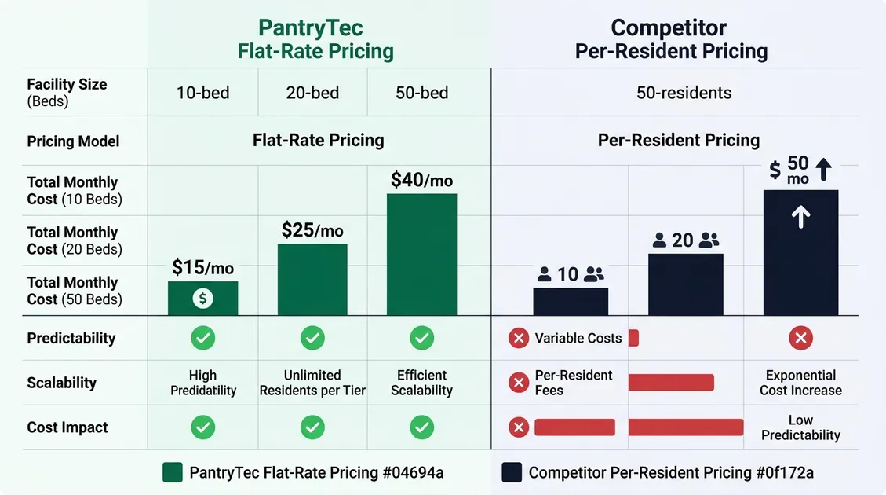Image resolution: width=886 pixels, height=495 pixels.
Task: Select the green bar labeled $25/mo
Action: tap(312, 279)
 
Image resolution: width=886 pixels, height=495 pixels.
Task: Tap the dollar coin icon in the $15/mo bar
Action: tap(202, 299)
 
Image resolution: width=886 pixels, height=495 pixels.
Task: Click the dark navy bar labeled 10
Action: tap(571, 301)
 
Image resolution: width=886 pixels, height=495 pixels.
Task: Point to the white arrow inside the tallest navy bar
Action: tap(800, 218)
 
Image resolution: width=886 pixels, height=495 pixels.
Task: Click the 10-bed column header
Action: tap(202, 93)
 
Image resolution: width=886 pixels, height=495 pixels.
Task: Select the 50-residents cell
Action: tap(684, 93)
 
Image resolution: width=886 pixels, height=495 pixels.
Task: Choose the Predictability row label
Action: tap(71, 339)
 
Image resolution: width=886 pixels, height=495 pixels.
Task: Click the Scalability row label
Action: tap(62, 383)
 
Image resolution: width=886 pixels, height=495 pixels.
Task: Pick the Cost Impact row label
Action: tap(67, 427)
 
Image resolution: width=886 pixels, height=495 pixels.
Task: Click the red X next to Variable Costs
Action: tap(518, 339)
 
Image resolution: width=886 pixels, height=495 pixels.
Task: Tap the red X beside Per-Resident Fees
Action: tap(518, 383)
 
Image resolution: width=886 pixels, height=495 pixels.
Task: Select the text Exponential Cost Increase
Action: tap(800, 383)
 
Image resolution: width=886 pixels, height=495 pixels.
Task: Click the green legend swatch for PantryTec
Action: tap(172, 472)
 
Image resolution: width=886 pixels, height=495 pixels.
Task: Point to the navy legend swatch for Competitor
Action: tap(511, 472)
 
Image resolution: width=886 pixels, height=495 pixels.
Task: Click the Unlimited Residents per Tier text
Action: tap(312, 383)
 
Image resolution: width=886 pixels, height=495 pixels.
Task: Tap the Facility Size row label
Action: tap(67, 92)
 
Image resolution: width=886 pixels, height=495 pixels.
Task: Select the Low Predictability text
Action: tap(800, 427)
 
